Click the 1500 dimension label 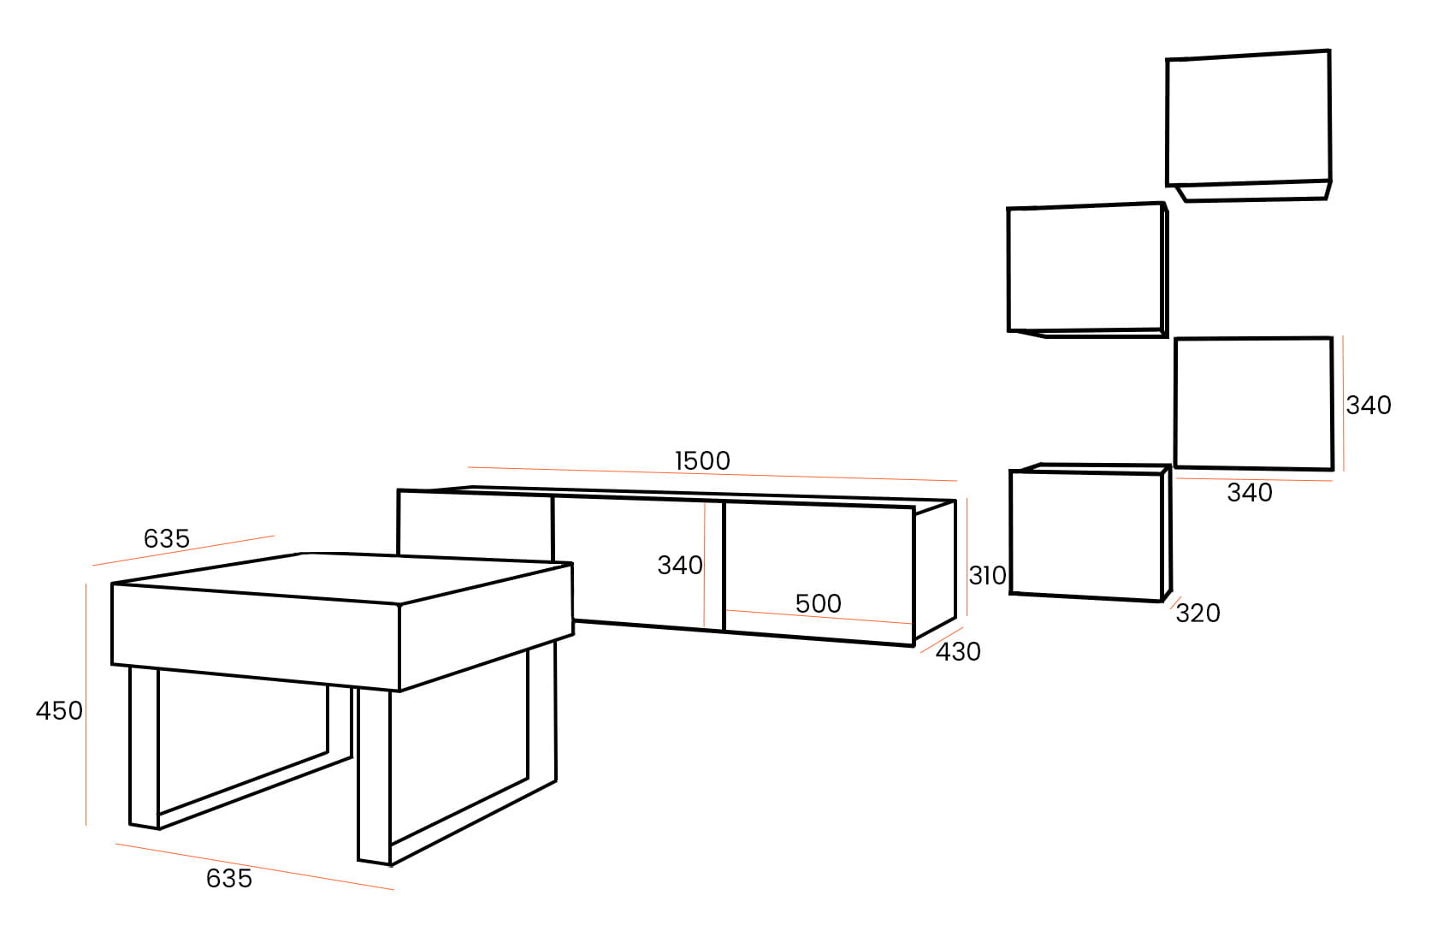click(x=702, y=460)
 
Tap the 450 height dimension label click(x=59, y=710)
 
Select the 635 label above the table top click(x=166, y=538)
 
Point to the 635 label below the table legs click(x=229, y=878)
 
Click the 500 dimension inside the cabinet click(x=818, y=603)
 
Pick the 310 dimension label click(x=987, y=575)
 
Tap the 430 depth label click(x=958, y=652)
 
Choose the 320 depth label click(x=1197, y=613)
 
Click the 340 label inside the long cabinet click(x=679, y=565)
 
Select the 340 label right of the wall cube click(x=1369, y=405)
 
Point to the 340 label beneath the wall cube click(x=1250, y=492)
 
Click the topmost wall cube click(x=1248, y=120)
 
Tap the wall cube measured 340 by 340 click(x=1253, y=403)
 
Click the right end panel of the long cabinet click(x=935, y=570)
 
